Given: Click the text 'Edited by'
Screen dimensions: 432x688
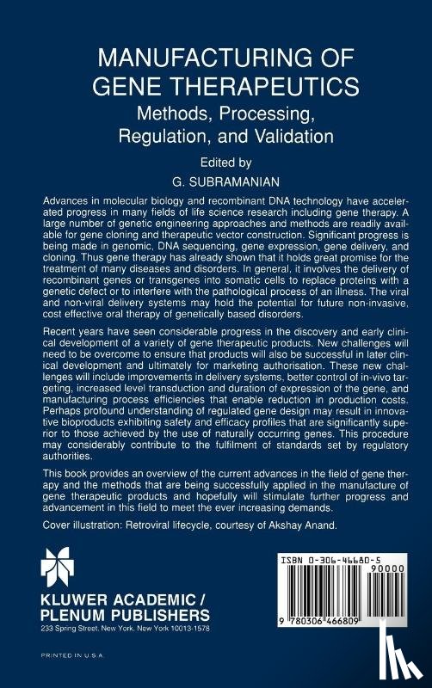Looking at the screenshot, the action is click(215, 160).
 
